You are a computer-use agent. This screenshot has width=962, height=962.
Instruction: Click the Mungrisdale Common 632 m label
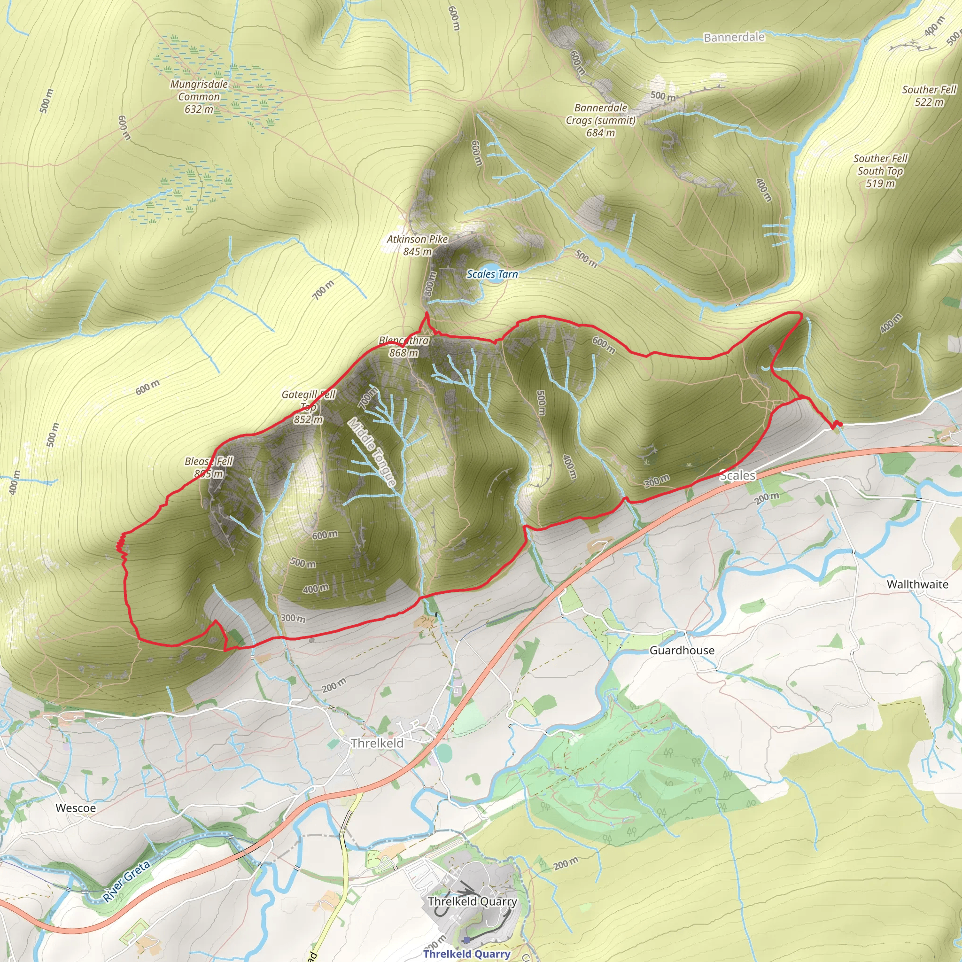click(199, 97)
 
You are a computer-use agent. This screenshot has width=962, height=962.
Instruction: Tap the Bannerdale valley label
click(734, 38)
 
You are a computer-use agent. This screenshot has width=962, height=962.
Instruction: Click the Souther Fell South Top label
click(880, 171)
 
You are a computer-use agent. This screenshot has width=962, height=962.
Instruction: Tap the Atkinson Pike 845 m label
click(417, 245)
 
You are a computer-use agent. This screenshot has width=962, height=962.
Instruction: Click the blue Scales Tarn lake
click(495, 279)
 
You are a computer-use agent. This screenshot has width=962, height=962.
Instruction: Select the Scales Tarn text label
click(492, 274)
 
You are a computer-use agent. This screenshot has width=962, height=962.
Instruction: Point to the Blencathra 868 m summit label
click(404, 347)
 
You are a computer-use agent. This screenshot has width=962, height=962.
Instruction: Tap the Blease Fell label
click(209, 467)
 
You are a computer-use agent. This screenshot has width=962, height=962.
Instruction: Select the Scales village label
click(737, 475)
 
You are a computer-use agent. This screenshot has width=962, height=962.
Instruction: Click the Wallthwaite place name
click(917, 584)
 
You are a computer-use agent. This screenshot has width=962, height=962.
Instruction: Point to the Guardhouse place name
click(682, 650)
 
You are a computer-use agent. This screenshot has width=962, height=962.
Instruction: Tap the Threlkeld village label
click(377, 744)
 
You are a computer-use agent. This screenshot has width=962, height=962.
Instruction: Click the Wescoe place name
click(76, 808)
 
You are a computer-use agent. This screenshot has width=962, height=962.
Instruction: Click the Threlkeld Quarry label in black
click(472, 901)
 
